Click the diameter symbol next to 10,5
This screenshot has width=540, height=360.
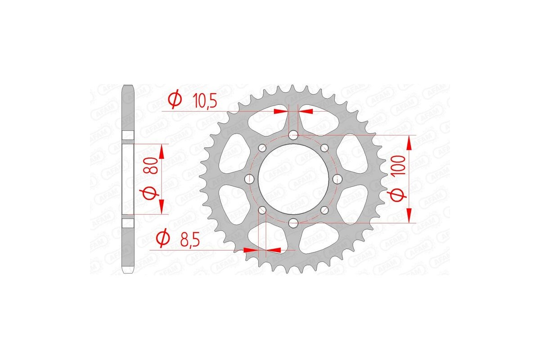click(175, 99)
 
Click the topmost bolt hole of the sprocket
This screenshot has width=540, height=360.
click(293, 135)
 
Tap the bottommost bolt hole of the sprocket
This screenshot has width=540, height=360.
click(293, 222)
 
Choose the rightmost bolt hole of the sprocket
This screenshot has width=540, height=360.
click(337, 179)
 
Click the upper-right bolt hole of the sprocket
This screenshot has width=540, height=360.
click(324, 148)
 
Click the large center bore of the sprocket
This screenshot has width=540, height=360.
click(293, 179)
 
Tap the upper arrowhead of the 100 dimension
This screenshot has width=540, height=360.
click(409, 143)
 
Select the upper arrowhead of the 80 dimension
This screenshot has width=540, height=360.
click(162, 152)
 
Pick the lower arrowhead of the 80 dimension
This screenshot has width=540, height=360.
click(162, 207)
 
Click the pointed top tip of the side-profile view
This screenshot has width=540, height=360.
click(129, 85)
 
